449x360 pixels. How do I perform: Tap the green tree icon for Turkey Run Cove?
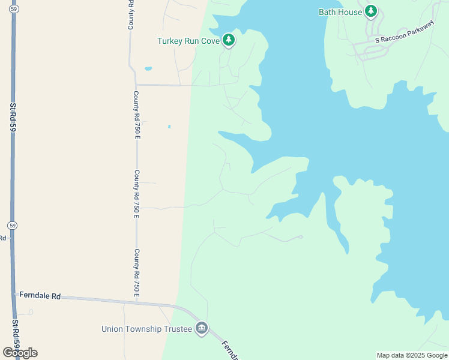pos(228,40)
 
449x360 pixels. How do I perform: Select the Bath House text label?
pos(340,12)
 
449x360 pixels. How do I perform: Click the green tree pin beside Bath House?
pos(372,11)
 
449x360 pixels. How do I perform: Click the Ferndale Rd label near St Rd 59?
pos(40,296)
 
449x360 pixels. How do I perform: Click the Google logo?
pos(19,353)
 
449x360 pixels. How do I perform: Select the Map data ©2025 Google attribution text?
pos(412,355)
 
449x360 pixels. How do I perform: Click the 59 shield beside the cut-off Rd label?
pos(12,226)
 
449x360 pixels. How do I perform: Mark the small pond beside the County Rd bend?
pos(148,68)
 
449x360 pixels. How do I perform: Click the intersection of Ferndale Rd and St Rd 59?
pos(14,294)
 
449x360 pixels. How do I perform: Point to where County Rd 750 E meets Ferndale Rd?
pos(137,302)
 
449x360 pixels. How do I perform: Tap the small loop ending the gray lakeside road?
pos(300,237)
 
